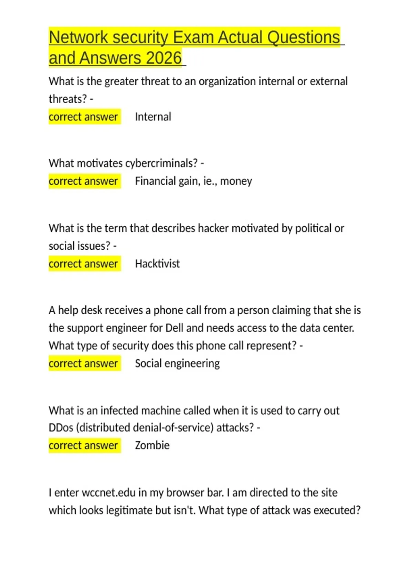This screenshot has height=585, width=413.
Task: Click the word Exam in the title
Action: click(193, 37)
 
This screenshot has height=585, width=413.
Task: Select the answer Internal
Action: click(153, 117)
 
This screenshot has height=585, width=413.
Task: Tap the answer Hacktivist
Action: click(157, 264)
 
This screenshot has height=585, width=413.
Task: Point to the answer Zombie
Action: click(152, 445)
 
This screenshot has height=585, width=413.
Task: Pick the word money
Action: click(236, 181)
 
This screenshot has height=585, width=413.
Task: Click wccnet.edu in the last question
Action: click(109, 493)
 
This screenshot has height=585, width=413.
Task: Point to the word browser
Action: click(186, 493)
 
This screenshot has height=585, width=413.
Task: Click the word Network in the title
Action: click(78, 37)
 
